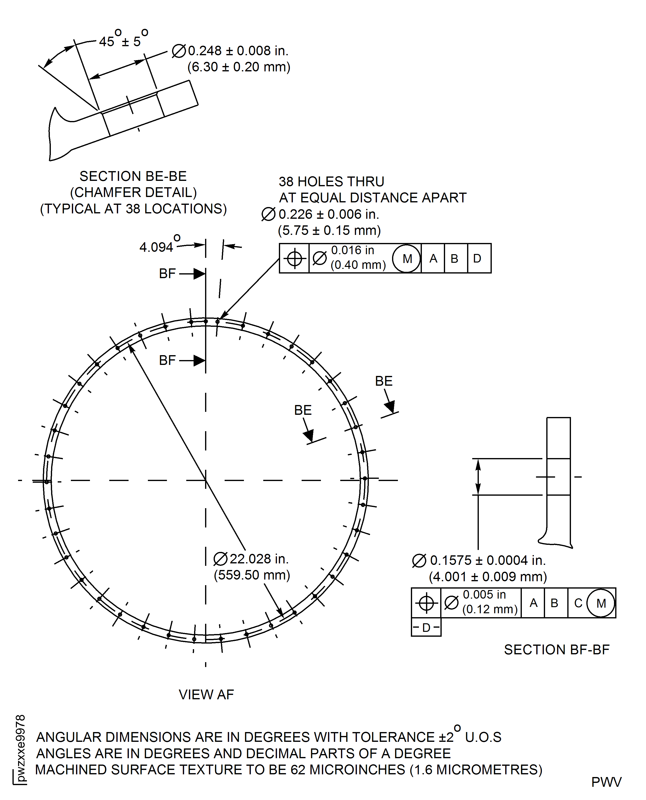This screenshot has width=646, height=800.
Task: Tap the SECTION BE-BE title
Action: (x=133, y=176)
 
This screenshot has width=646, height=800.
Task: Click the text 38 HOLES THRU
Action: (x=331, y=182)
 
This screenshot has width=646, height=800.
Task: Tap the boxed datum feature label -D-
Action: (x=426, y=628)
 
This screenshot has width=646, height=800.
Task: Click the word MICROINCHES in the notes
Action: (x=357, y=769)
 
